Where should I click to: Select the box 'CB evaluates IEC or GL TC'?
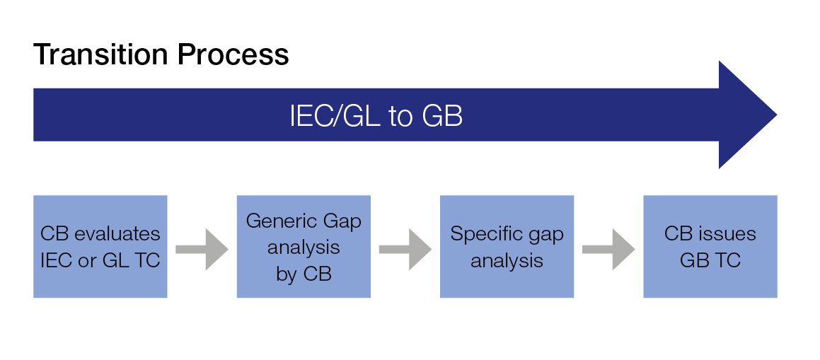point(100,247)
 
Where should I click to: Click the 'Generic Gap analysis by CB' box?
point(304,247)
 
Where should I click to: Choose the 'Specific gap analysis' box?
point(507,247)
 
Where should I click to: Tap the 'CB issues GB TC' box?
point(710,247)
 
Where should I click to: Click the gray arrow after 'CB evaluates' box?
point(202,249)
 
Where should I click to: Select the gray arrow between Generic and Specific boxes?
point(405,249)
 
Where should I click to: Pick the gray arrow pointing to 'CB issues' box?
point(608,249)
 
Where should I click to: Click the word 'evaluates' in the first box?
point(117,233)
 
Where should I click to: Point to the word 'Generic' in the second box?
point(276,221)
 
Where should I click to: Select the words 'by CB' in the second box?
point(304,274)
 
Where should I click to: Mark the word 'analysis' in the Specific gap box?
point(507,261)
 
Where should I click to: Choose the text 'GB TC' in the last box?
point(710,260)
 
